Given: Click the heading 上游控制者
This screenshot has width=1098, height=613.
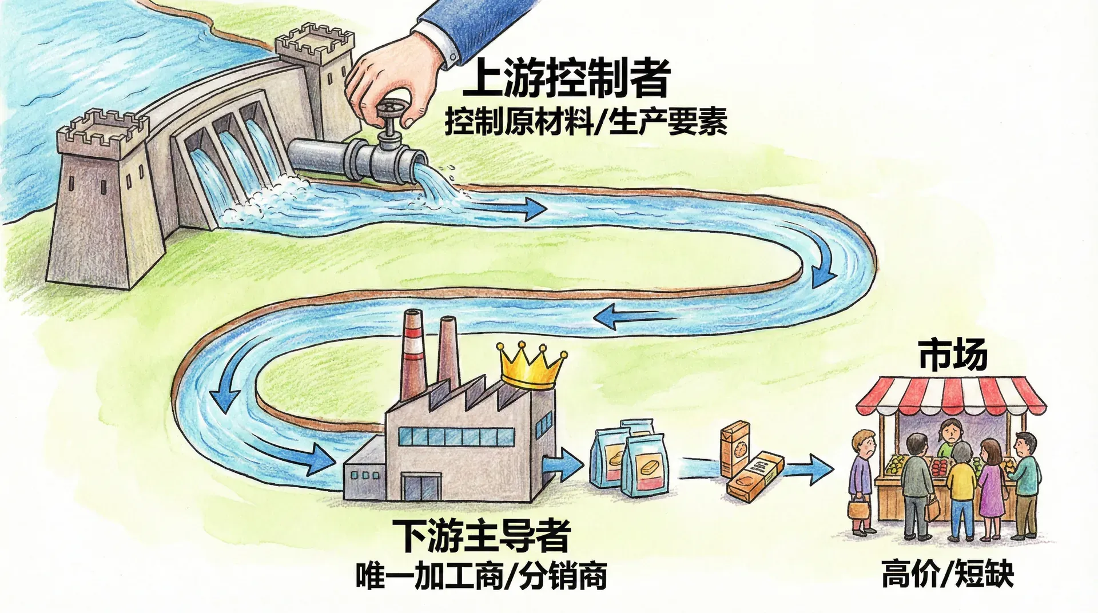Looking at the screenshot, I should point(566,80).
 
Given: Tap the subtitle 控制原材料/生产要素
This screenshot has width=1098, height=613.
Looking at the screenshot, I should point(586,122).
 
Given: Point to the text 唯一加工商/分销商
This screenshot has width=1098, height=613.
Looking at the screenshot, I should point(481,576).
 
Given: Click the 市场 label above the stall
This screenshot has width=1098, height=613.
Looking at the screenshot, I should point(952,355).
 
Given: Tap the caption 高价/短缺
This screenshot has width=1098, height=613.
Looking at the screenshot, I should point(947,574).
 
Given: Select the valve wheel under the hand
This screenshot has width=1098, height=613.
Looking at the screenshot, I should point(391,109).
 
